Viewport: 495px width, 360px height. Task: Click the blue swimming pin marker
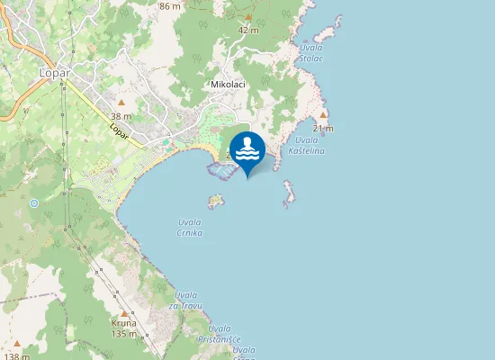click(247, 150)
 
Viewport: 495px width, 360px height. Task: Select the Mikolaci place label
click(227, 84)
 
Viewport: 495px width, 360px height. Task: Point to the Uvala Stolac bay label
click(311, 53)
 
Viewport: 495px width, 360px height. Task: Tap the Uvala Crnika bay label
click(190, 228)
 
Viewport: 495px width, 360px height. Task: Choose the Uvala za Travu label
click(186, 301)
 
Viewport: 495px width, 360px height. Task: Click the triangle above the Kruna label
click(124, 313)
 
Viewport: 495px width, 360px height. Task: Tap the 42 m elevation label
click(248, 30)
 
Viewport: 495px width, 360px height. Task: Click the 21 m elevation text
click(323, 129)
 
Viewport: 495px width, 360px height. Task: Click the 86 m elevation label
click(169, 6)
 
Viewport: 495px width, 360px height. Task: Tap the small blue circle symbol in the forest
click(34, 203)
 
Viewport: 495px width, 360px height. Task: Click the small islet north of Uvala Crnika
click(215, 200)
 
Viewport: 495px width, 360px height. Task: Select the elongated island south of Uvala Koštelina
click(289, 193)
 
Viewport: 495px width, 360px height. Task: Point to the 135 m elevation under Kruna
click(124, 334)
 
